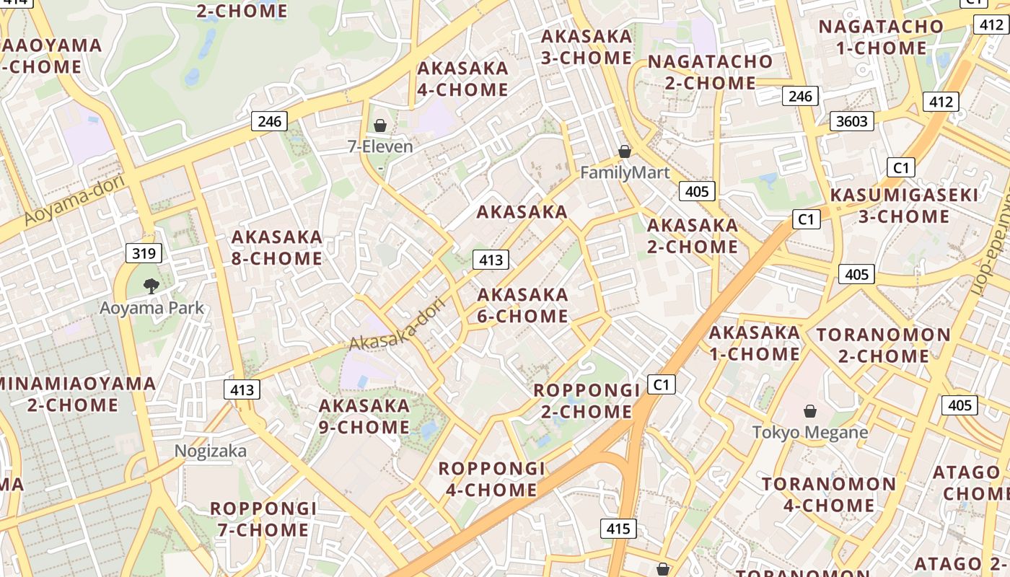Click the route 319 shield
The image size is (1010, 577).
click(x=144, y=253)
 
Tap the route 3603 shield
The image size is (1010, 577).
click(x=851, y=121)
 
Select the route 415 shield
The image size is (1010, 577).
click(x=618, y=529)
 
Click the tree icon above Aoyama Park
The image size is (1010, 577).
click(x=151, y=286)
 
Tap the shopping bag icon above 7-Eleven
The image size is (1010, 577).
click(x=380, y=126)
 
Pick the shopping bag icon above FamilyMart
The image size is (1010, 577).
click(x=625, y=151)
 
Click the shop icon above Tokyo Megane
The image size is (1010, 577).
click(x=810, y=411)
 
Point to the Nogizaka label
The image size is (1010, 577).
click(x=211, y=452)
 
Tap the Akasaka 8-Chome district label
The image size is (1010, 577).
click(x=276, y=247)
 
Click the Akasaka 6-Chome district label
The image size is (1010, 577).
click(x=523, y=305)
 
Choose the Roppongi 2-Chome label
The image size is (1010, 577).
click(x=587, y=401)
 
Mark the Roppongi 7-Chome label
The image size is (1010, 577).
click(x=263, y=519)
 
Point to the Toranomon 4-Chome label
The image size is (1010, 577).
click(x=829, y=494)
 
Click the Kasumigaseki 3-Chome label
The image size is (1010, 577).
click(x=904, y=206)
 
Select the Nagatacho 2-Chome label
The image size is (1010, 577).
click(x=710, y=72)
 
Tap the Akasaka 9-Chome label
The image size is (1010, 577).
click(x=364, y=416)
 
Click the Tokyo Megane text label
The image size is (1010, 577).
click(x=810, y=433)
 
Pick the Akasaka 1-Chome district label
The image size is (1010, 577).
click(x=755, y=343)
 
